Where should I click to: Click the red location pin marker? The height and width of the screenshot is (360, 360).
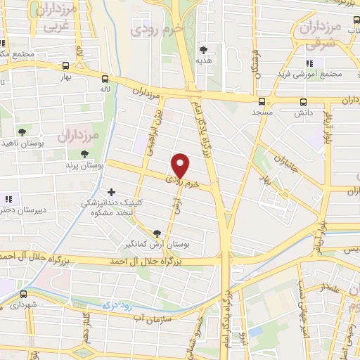(x=181, y=165)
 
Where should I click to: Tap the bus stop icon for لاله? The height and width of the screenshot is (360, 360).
(x=105, y=79)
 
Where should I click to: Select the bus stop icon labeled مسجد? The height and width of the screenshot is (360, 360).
(x=262, y=101)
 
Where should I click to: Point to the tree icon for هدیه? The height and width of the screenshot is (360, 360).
(x=204, y=50)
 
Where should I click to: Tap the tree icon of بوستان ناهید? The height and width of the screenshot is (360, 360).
(x=22, y=132)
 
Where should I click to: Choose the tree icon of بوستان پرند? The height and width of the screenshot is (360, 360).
(x=84, y=154)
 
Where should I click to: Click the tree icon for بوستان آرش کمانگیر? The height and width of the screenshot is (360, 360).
(x=156, y=233)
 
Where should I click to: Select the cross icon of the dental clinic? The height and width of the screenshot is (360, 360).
(x=111, y=192)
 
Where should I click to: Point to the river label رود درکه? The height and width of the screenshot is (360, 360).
(x=117, y=305)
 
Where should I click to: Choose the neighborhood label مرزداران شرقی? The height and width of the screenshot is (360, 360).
(x=325, y=35)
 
